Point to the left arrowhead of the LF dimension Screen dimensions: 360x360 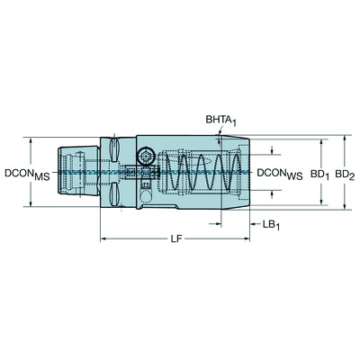tap(103, 240)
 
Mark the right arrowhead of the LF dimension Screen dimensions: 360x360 tap(248, 240)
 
